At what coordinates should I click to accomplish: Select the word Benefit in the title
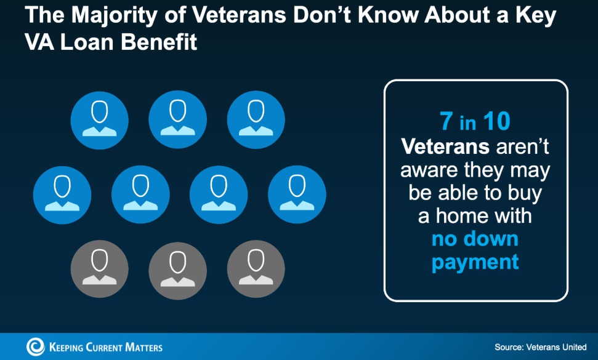click(159, 41)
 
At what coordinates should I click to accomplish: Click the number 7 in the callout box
click(446, 121)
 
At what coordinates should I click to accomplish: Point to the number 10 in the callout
click(496, 121)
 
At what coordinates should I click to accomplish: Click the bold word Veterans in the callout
click(445, 146)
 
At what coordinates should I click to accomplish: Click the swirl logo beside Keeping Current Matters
click(35, 346)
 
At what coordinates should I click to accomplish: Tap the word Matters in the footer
click(143, 347)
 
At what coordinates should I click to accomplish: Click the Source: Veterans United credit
click(540, 347)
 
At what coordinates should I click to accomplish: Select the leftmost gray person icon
click(100, 269)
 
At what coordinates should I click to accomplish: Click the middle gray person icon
click(178, 269)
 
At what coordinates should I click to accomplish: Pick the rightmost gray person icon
click(256, 269)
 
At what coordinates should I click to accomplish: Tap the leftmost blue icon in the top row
click(100, 120)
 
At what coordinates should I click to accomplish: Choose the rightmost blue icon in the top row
click(256, 120)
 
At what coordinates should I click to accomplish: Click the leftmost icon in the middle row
click(62, 194)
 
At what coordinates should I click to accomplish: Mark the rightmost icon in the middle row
click(297, 194)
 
